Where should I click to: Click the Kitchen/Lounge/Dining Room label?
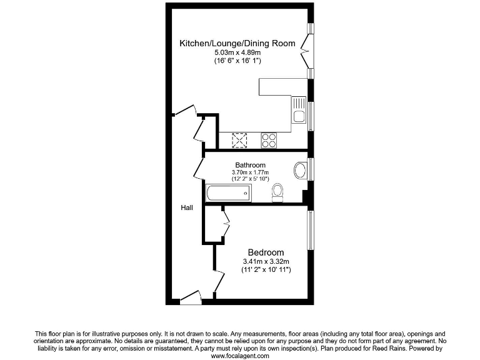(237, 44)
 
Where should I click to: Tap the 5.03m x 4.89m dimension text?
(237, 53)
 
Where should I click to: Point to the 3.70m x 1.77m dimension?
(250, 172)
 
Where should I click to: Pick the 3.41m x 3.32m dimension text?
(266, 261)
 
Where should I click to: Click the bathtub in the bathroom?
(228, 193)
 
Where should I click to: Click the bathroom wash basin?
(300, 170)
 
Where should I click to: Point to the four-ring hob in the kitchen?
(269, 141)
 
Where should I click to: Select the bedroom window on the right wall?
(309, 229)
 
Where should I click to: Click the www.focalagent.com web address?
(240, 356)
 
